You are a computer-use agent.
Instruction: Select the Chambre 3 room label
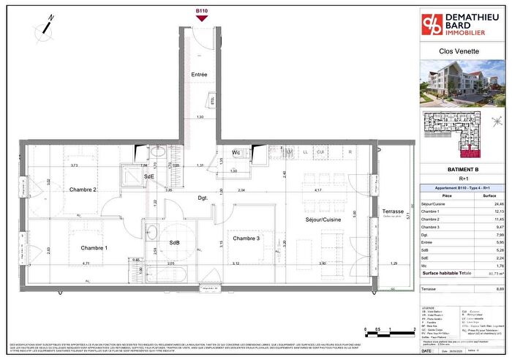pyautogui.click(x=246, y=239)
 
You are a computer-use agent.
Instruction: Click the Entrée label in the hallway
pyautogui.click(x=199, y=74)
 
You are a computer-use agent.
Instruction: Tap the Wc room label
pyautogui.click(x=237, y=152)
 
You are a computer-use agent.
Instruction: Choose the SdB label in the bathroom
pyautogui.click(x=175, y=242)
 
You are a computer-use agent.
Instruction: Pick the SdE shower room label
pyautogui.click(x=148, y=176)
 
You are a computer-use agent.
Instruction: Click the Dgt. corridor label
pyautogui.click(x=203, y=198)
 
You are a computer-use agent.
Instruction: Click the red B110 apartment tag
pyautogui.click(x=203, y=11)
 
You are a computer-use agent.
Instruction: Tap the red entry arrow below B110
pyautogui.click(x=203, y=19)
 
